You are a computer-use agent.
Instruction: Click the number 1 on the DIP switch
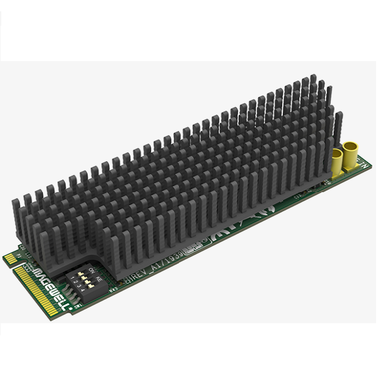click(x=74, y=278)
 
